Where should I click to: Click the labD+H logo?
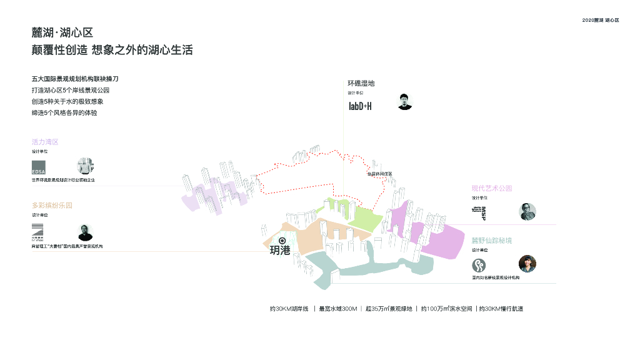[360, 106]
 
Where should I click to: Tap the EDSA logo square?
[39, 167]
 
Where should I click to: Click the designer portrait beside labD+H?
[405, 102]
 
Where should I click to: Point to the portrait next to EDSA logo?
[86, 166]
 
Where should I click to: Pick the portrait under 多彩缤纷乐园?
[86, 232]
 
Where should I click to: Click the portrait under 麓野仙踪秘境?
[527, 264]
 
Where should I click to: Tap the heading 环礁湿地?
[361, 83]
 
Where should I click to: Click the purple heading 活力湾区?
[45, 142]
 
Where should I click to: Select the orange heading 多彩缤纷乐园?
[52, 205]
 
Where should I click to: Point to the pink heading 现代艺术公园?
[492, 188]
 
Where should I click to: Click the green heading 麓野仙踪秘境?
[492, 240]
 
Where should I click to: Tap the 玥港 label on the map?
[280, 251]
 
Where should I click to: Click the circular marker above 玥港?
[282, 241]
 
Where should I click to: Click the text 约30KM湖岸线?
[289, 309]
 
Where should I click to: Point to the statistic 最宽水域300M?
[337, 309]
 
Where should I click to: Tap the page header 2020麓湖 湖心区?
[600, 20]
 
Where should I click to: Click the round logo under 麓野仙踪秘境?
[479, 265]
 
